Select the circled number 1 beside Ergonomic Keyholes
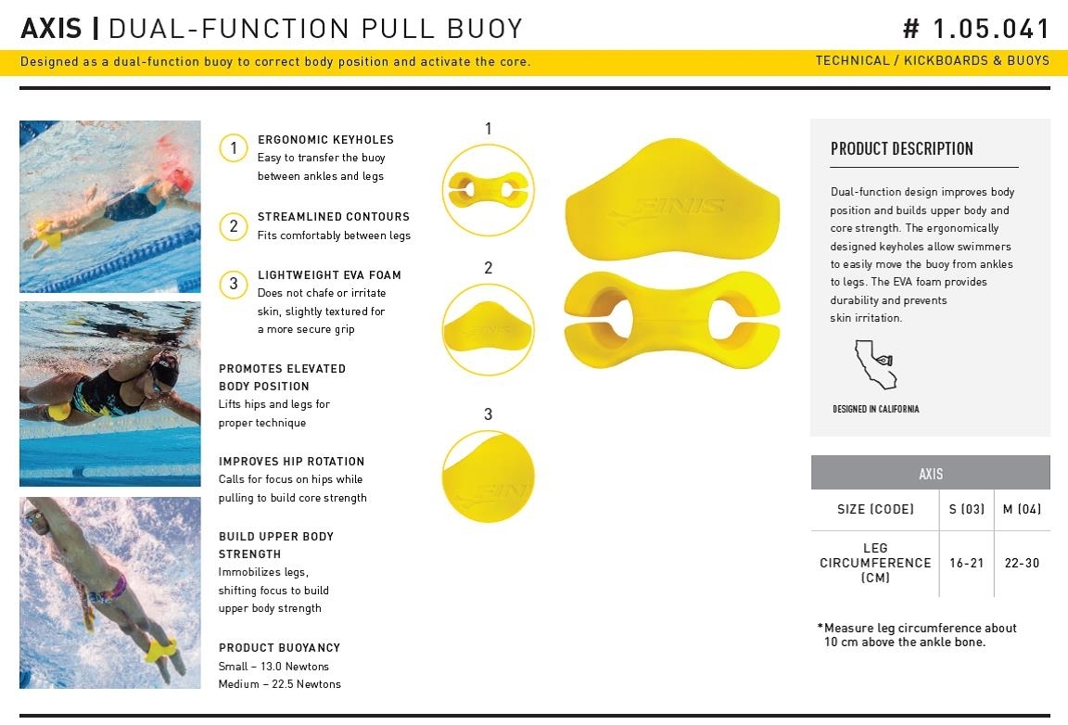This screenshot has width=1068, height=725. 233,147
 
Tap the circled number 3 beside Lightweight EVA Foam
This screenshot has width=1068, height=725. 233,284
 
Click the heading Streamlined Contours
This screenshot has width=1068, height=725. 334,217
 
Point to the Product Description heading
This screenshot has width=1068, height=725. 902,148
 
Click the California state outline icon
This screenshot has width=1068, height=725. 874,364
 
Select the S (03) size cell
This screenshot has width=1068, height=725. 967,509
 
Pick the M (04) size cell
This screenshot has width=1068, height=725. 1022,509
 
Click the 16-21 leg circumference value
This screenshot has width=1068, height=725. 967,563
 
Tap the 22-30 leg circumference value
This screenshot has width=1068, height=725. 1022,563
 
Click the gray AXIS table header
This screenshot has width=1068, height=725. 931,473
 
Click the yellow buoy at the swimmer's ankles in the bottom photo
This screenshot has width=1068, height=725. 160,650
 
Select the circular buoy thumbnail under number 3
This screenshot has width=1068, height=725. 488,477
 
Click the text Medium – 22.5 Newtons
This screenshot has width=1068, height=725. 279,684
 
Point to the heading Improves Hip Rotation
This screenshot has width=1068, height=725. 291,462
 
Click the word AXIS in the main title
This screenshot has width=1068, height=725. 51,29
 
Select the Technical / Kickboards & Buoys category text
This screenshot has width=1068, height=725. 932,60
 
